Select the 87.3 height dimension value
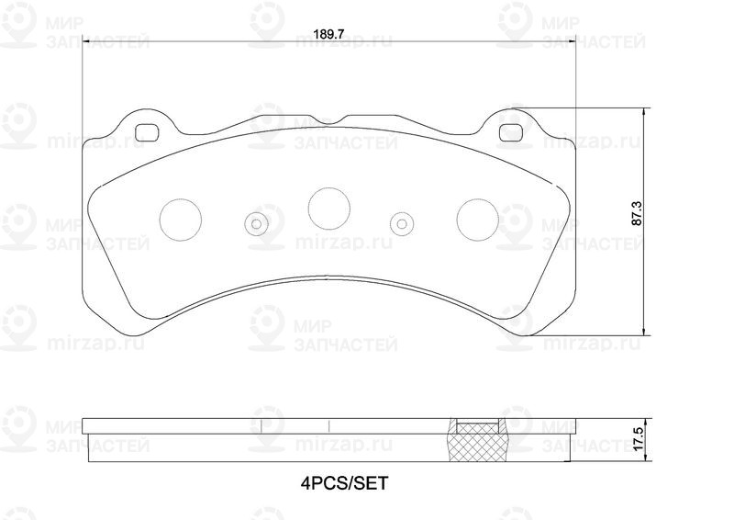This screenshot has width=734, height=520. [x=637, y=214]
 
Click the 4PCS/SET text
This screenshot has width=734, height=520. [x=345, y=482]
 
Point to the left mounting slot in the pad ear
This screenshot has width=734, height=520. [x=146, y=132]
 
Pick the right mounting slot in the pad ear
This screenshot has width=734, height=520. [x=511, y=132]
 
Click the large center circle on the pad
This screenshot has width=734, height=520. [x=329, y=209]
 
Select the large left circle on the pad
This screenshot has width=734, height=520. [x=181, y=220]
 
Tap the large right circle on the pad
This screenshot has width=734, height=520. [x=478, y=220]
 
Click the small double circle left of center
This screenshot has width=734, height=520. [x=257, y=223]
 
